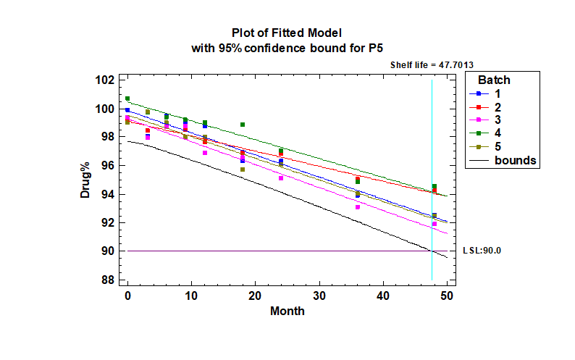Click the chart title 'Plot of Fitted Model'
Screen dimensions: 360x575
click(286, 33)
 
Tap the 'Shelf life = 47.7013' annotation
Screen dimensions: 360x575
click(432, 64)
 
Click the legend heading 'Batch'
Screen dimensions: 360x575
click(494, 80)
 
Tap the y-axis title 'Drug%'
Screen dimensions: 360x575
click(86, 180)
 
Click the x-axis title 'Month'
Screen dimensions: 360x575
click(287, 311)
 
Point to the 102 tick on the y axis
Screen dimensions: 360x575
click(105, 80)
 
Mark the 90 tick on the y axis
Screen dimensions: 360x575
click(108, 251)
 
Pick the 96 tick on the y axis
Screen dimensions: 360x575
click(108, 165)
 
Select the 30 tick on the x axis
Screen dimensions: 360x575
click(319, 296)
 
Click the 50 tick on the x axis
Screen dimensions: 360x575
click(447, 296)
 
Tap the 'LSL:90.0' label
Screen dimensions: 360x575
click(482, 251)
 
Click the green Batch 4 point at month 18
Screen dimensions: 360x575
click(243, 125)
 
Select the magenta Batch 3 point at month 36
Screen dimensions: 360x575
click(358, 207)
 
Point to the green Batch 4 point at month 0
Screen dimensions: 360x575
click(127, 99)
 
